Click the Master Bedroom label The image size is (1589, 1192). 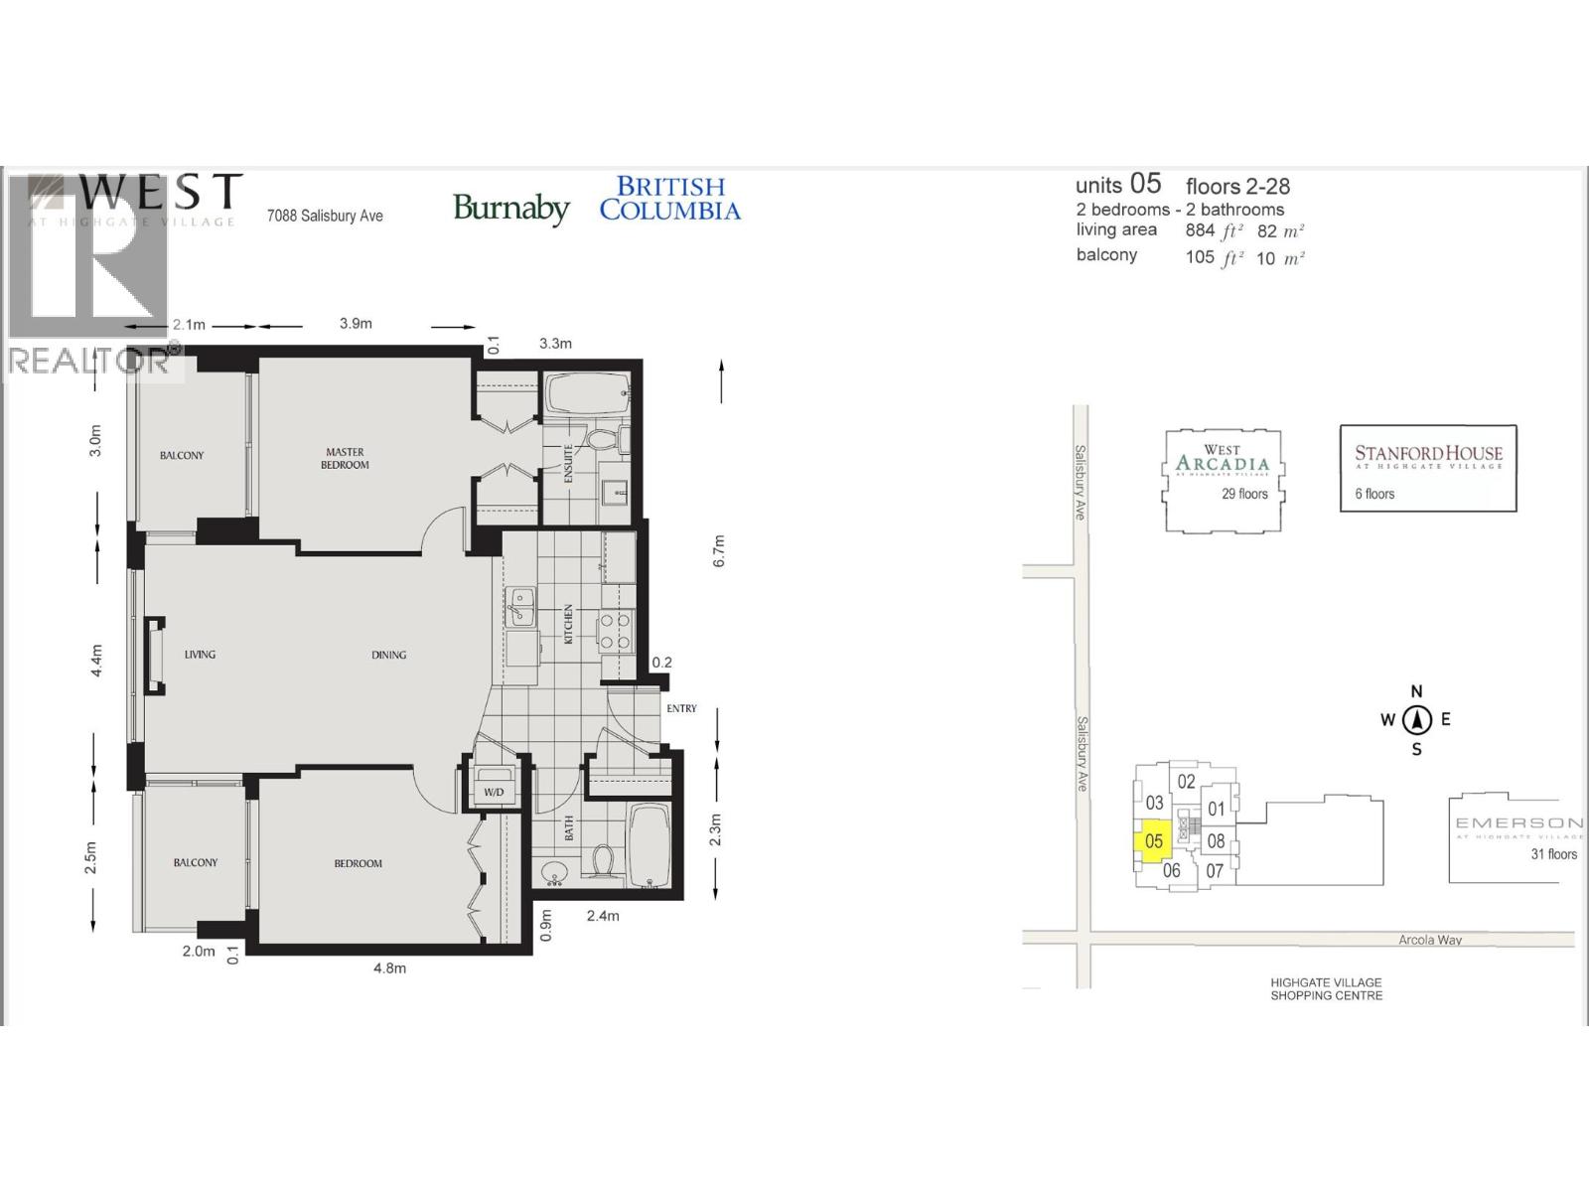(x=345, y=458)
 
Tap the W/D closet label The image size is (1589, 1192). (x=494, y=792)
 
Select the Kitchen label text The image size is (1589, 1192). (x=569, y=624)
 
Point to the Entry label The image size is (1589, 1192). (x=681, y=708)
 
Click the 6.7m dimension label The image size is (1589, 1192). (x=719, y=551)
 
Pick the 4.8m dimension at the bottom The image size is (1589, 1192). (x=389, y=968)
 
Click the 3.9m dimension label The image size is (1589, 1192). (x=356, y=323)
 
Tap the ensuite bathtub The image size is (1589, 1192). (x=586, y=394)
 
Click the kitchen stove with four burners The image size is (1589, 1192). (x=616, y=631)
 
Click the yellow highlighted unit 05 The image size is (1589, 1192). (x=1153, y=842)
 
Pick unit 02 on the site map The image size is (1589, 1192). (x=1186, y=782)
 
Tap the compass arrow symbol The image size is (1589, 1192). (x=1417, y=720)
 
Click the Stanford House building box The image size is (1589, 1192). (x=1428, y=469)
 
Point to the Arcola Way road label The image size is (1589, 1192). (x=1429, y=940)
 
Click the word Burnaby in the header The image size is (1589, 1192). (x=510, y=208)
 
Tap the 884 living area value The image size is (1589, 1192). (x=1200, y=230)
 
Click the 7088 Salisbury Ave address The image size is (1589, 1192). (x=325, y=216)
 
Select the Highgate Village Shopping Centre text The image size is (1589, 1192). (x=1326, y=988)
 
